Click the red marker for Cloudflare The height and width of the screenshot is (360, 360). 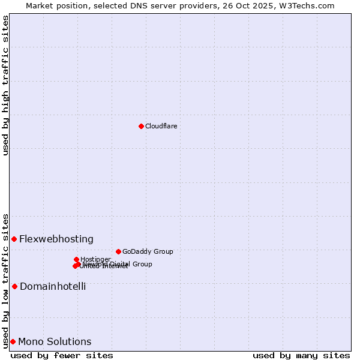tap(141, 126)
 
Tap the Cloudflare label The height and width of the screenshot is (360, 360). tap(161, 126)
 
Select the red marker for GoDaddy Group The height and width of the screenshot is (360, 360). tap(118, 251)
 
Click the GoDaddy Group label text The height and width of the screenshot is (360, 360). tap(148, 251)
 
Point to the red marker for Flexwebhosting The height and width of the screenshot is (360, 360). tap(14, 239)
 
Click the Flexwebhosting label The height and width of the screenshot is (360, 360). tap(56, 239)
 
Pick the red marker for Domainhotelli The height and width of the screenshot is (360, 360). tap(14, 286)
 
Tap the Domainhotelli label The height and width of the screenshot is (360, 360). tap(53, 286)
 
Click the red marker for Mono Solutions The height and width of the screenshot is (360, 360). tap(13, 341)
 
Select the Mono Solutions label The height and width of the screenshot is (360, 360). tap(55, 341)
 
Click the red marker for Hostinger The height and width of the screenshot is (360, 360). tap(76, 259)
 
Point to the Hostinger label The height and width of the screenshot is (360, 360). tap(95, 259)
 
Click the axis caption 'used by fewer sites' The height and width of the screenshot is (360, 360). tap(62, 355)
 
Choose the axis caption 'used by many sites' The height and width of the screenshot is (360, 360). tap(301, 355)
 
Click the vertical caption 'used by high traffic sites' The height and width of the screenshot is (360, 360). tap(5, 85)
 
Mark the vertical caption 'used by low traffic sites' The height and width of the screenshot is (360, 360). tap(5, 280)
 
